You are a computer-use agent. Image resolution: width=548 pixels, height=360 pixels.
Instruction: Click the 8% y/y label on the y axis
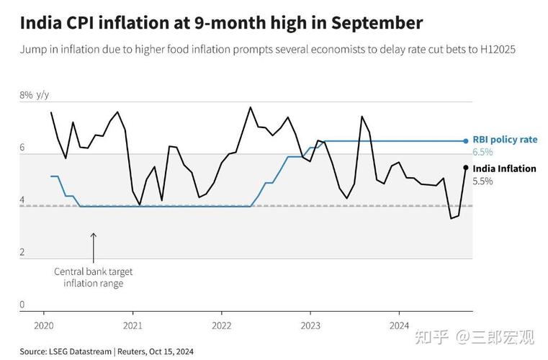(x=34, y=95)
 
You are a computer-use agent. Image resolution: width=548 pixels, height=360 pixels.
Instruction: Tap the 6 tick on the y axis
(x=22, y=148)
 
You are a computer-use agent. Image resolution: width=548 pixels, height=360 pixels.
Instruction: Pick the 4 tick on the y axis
(x=22, y=200)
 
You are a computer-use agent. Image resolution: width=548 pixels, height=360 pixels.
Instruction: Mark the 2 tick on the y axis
(x=22, y=253)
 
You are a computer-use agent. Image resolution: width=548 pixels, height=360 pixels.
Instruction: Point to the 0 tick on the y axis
(x=22, y=305)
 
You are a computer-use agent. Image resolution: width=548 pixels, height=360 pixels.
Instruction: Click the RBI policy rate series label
(x=504, y=140)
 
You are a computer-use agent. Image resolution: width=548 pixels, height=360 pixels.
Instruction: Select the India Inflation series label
(x=504, y=168)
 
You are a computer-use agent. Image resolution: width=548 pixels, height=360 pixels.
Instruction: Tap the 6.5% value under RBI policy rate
(x=482, y=152)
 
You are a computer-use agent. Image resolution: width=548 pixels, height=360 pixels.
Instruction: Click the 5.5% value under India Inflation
(x=482, y=181)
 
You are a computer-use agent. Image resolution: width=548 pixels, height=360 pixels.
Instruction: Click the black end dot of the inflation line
(x=466, y=168)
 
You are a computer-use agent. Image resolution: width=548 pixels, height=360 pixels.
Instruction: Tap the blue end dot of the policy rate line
(x=466, y=141)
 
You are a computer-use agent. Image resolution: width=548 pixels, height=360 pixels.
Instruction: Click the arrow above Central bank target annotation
(x=93, y=246)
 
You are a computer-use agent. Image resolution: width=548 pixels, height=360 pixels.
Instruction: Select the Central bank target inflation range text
(x=94, y=277)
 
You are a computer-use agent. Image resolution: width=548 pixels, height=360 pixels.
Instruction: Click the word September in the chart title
(x=377, y=23)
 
